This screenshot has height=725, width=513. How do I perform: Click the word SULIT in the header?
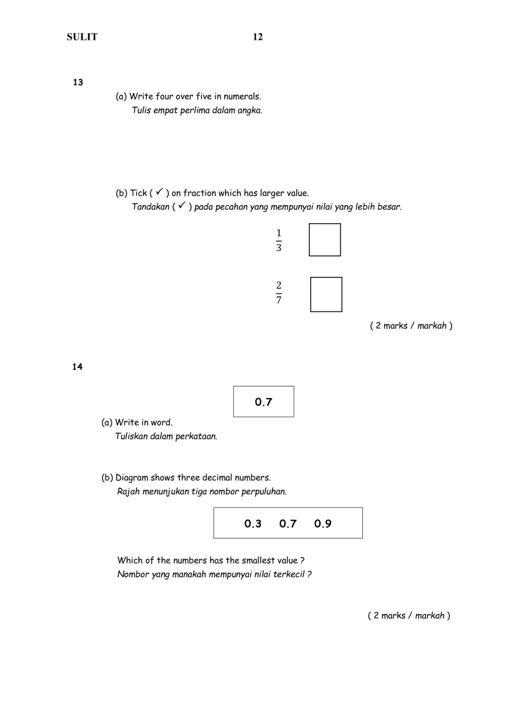pyautogui.click(x=82, y=37)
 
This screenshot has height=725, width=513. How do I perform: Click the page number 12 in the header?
pyautogui.click(x=258, y=37)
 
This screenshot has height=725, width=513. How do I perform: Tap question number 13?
pyautogui.click(x=78, y=82)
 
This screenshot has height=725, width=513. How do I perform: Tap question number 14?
pyautogui.click(x=78, y=367)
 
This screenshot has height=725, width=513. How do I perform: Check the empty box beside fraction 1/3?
pyautogui.click(x=324, y=240)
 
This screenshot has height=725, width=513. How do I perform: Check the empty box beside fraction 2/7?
pyautogui.click(x=326, y=294)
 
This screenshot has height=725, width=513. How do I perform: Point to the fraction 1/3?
pyautogui.click(x=278, y=240)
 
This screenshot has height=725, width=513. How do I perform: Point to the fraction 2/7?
pyautogui.click(x=279, y=294)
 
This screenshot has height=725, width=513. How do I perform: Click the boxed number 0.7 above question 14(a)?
pyautogui.click(x=264, y=402)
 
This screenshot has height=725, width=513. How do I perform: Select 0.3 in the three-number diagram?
pyautogui.click(x=253, y=524)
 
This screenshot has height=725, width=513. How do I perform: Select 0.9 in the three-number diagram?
pyautogui.click(x=323, y=524)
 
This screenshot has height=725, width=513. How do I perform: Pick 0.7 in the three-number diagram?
pyautogui.click(x=288, y=524)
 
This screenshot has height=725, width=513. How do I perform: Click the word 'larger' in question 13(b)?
pyautogui.click(x=257, y=192)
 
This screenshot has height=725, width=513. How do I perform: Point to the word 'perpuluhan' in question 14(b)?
pyautogui.click(x=264, y=492)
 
